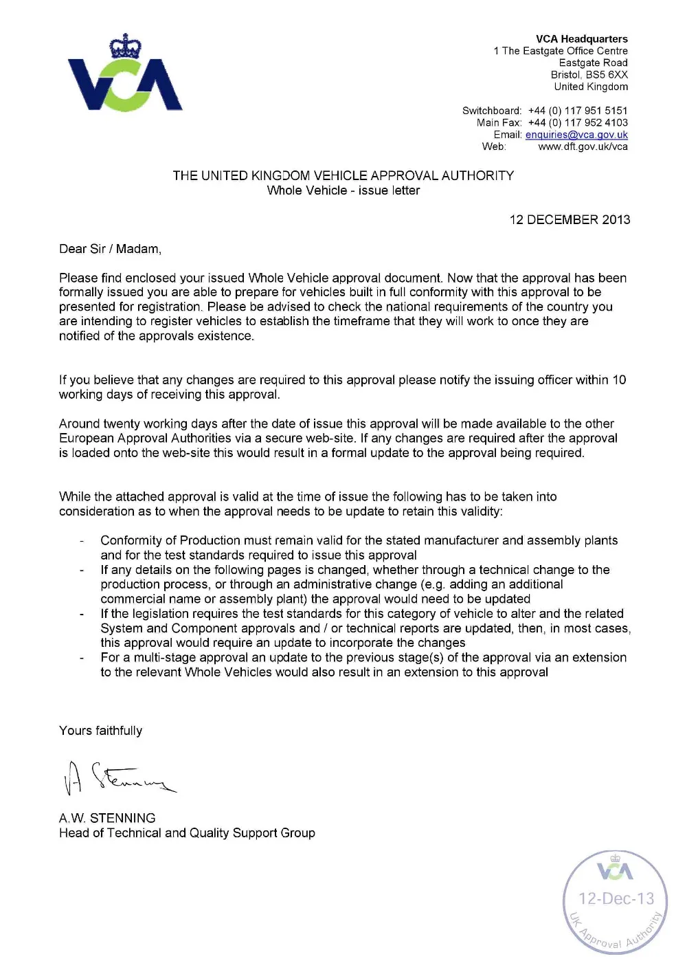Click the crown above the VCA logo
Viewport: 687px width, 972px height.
tap(125, 47)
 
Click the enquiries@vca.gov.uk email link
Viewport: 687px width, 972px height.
tap(576, 135)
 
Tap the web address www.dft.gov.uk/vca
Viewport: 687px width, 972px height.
tap(583, 146)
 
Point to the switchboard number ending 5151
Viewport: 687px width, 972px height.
tap(578, 111)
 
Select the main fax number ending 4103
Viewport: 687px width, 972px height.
tap(578, 122)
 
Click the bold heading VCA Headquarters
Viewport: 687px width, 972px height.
tap(582, 39)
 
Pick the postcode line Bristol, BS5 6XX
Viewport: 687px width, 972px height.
tap(589, 74)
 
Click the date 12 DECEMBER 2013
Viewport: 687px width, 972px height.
tap(570, 220)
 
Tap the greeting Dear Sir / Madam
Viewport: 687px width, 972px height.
tap(110, 249)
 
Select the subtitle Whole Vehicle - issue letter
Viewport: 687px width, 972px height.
tap(343, 190)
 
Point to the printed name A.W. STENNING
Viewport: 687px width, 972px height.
tap(107, 818)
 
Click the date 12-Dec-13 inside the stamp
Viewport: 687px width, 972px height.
tap(616, 898)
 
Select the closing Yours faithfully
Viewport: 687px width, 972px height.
tap(100, 731)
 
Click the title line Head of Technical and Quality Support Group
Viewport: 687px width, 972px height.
tap(187, 832)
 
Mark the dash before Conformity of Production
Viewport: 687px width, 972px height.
tap(82, 541)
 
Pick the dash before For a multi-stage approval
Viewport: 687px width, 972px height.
tap(82, 658)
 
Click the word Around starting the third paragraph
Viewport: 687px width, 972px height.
tap(79, 423)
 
